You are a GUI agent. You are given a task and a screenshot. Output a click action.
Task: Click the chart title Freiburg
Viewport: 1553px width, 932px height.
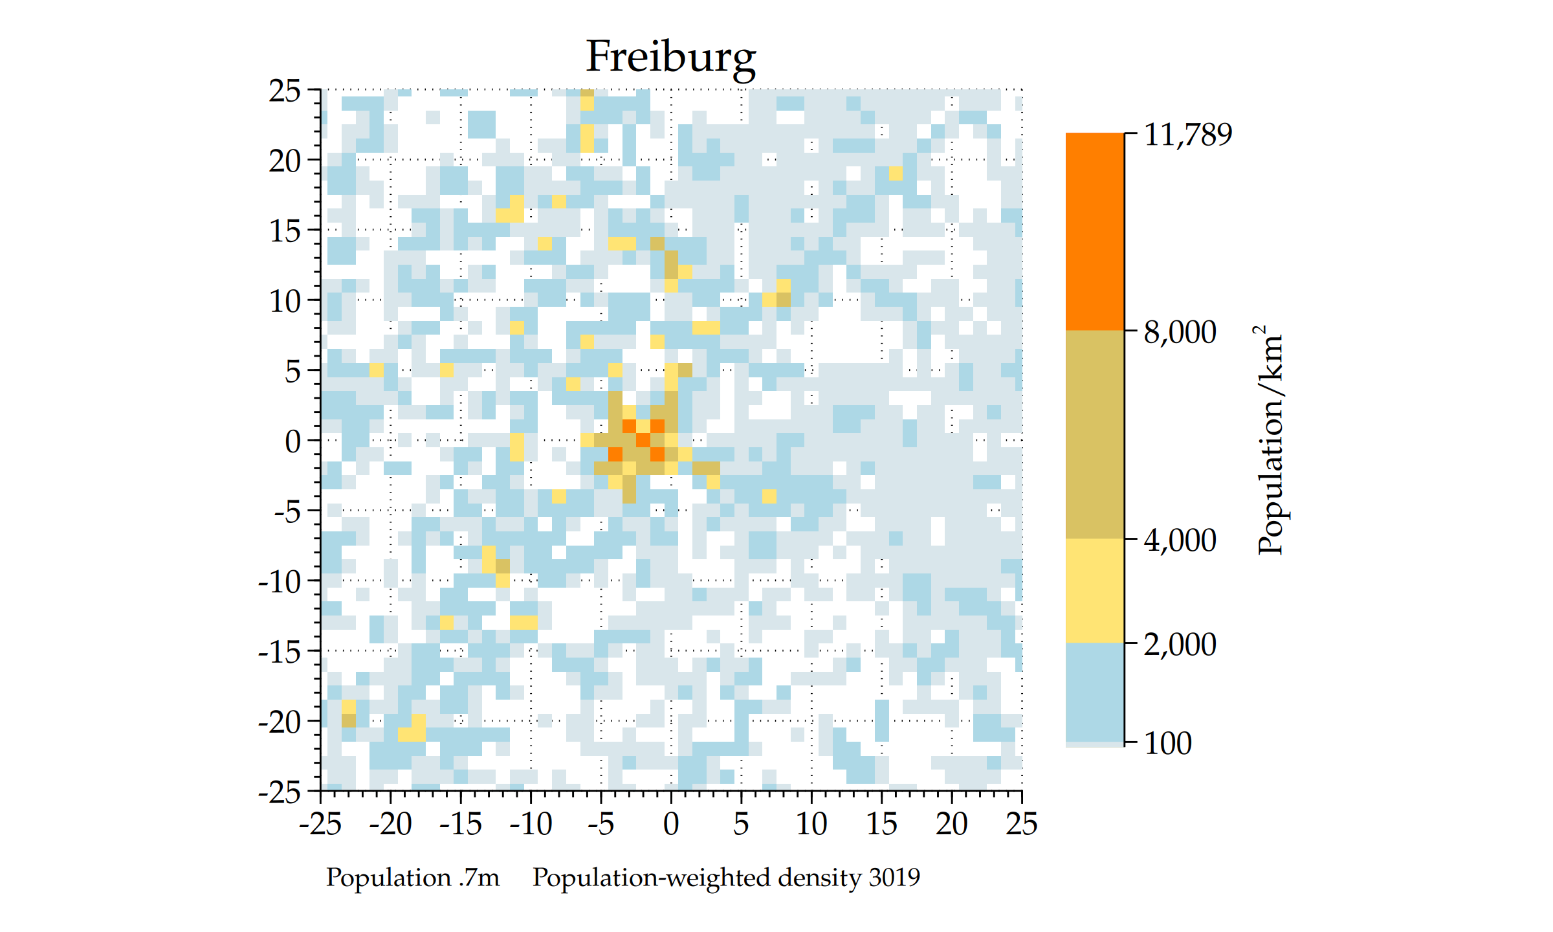pyautogui.click(x=670, y=57)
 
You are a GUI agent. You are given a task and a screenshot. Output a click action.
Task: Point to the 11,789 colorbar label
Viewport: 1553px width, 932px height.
pyautogui.click(x=1188, y=135)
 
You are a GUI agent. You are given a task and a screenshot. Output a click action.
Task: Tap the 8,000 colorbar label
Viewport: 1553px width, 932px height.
pyautogui.click(x=1180, y=332)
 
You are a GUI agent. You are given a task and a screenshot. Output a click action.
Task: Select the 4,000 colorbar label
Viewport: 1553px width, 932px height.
pyautogui.click(x=1180, y=540)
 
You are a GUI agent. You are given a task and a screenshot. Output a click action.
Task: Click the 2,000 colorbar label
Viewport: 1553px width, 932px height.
pyautogui.click(x=1180, y=644)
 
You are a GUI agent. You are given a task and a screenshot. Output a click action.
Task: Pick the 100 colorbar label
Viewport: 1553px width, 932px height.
pyautogui.click(x=1167, y=743)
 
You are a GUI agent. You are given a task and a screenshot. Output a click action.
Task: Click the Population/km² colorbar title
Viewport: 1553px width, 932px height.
pyautogui.click(x=1270, y=440)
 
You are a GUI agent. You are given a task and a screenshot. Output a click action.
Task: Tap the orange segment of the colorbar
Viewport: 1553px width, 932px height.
pyautogui.click(x=1095, y=232)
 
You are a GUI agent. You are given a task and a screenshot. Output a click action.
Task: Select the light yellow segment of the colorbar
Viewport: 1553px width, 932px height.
pyautogui.click(x=1095, y=590)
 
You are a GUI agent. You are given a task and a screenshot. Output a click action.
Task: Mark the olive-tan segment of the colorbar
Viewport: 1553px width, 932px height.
pyautogui.click(x=1095, y=434)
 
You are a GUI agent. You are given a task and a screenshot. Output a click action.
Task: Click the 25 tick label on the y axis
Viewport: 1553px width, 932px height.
pyautogui.click(x=285, y=91)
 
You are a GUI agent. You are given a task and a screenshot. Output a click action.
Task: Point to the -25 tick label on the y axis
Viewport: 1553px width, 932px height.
pyautogui.click(x=280, y=792)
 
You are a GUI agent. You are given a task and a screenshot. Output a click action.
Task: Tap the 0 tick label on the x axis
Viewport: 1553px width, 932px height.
pyautogui.click(x=671, y=824)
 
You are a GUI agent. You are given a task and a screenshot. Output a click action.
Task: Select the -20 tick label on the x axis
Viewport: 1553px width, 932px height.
pyautogui.click(x=390, y=824)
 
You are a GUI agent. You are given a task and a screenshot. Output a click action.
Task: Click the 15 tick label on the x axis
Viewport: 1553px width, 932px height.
pyautogui.click(x=881, y=824)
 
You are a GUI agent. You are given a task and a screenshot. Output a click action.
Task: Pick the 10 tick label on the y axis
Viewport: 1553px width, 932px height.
pyautogui.click(x=285, y=302)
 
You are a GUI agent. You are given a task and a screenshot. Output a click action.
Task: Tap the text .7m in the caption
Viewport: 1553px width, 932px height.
pyautogui.click(x=479, y=878)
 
